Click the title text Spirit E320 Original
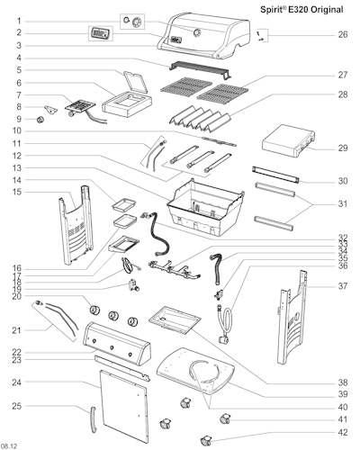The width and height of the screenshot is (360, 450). coord(301,10)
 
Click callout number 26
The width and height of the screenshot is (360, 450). coord(343,34)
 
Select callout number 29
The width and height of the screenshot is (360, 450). coord(343,148)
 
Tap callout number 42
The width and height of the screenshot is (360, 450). coord(343,432)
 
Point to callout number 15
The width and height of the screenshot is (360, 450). coord(17,192)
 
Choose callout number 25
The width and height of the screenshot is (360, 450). coord(17,406)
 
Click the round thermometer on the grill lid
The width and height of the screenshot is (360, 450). coord(197,32)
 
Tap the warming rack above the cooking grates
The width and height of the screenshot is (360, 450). coord(200,70)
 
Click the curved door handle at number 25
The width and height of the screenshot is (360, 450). coord(94,419)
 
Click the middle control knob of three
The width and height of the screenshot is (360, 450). coord(113,316)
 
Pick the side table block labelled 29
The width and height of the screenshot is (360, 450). coord(289,140)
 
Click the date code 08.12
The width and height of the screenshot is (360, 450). coord(9,445)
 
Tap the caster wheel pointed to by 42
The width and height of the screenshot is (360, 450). coord(206,440)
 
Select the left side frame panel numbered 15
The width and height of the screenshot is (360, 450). coord(76,225)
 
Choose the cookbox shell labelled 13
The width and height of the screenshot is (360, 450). coord(205,207)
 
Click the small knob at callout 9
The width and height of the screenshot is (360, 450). coord(40,120)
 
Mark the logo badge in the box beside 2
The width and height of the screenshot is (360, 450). coord(101,33)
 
